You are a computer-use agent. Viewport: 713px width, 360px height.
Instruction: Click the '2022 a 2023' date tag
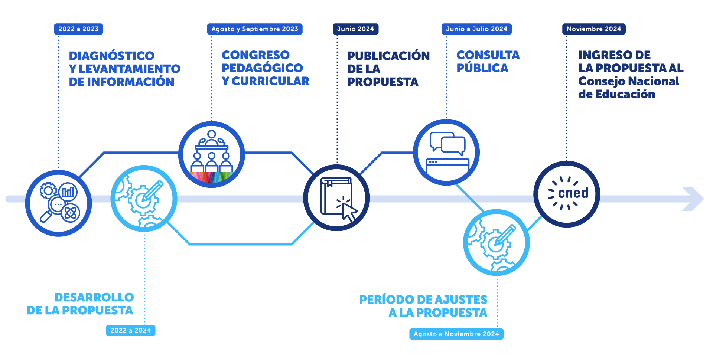tap(78, 29)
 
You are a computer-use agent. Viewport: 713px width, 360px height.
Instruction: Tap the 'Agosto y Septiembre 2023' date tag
tap(255, 29)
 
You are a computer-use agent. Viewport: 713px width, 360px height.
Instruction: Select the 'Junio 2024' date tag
tap(355, 29)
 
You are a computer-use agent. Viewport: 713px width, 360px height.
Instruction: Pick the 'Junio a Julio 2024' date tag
tap(476, 29)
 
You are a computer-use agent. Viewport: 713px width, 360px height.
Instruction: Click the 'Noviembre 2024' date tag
tap(594, 29)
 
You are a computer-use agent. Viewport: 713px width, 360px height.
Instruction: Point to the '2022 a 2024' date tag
tap(131, 330)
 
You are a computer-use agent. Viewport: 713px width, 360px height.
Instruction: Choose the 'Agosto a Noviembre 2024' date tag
tap(456, 334)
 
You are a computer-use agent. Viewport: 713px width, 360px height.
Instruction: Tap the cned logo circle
tap(567, 194)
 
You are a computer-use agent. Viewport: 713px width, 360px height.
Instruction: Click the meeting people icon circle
tap(212, 154)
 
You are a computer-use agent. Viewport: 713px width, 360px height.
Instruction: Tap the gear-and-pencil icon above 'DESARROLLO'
tap(144, 199)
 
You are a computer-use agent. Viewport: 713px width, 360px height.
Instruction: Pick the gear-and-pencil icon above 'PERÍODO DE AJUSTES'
tap(497, 242)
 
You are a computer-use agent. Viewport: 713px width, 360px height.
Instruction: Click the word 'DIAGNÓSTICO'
tap(111, 56)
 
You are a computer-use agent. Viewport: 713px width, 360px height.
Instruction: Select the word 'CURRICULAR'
tap(270, 81)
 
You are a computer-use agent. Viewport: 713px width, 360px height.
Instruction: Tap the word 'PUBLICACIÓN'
tap(388, 56)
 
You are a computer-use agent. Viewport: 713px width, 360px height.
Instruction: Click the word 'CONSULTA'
tap(488, 55)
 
